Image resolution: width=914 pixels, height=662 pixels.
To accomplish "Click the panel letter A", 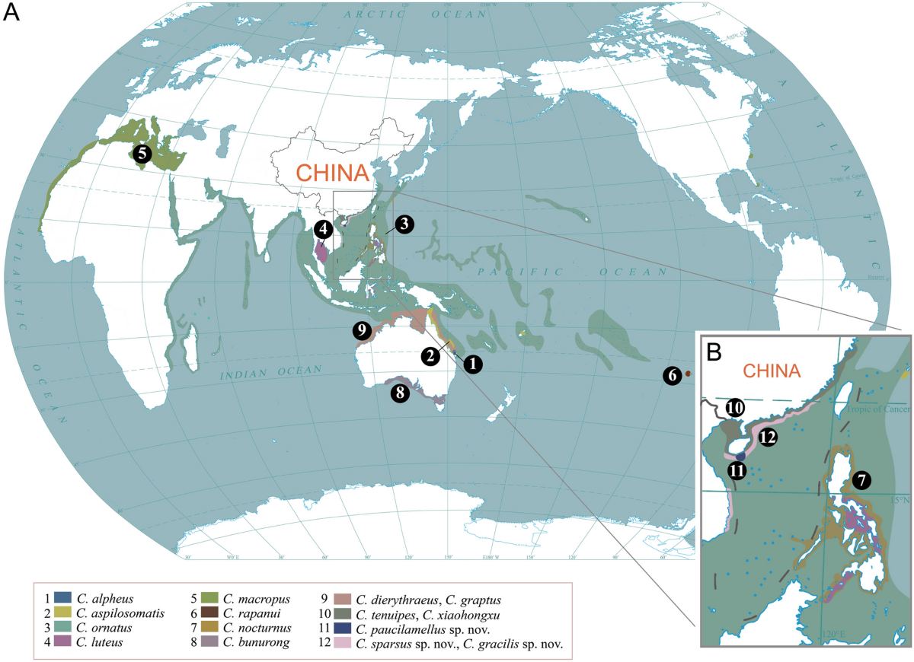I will (13, 14).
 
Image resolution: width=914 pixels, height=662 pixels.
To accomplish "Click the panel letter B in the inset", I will (714, 352).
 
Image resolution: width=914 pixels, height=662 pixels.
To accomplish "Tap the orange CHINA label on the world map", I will (332, 173).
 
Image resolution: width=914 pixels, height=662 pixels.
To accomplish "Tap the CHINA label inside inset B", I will (772, 371).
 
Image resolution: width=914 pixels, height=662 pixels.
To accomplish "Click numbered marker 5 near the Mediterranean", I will (141, 153).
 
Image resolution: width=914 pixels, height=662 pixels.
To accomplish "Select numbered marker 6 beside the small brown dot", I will (671, 375).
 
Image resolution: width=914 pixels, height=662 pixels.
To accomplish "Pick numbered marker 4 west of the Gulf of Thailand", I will (323, 228).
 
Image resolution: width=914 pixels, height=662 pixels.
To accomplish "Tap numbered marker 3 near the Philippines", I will (404, 224).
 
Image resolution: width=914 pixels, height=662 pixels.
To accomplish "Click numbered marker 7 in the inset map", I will (861, 480).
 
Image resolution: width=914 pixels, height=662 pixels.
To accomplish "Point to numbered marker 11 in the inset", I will (736, 470).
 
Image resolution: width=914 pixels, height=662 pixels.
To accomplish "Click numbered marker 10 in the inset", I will (735, 408).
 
